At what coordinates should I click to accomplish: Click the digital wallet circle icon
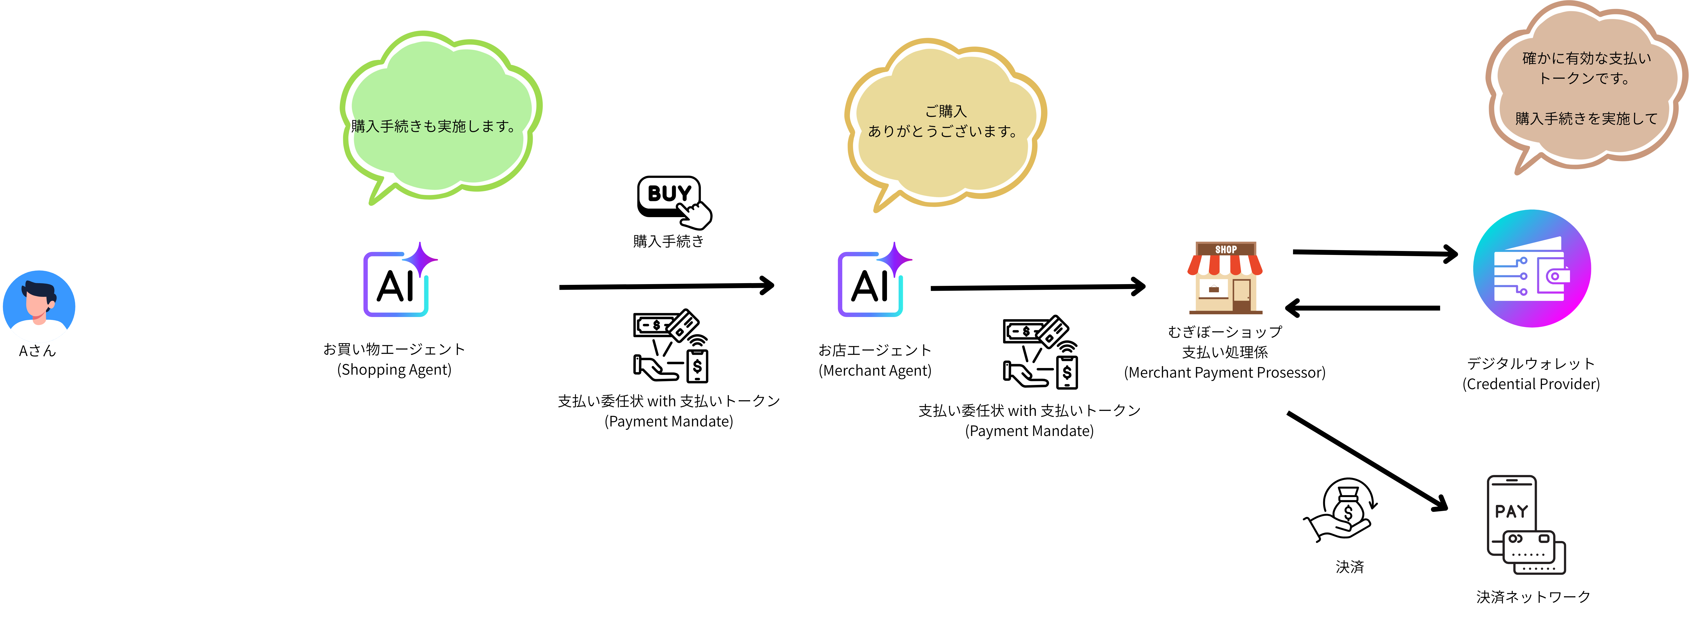[1532, 269]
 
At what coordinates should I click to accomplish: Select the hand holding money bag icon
[1341, 510]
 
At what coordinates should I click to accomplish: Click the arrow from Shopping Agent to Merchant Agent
[666, 286]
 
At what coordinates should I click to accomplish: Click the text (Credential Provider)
[1531, 384]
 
